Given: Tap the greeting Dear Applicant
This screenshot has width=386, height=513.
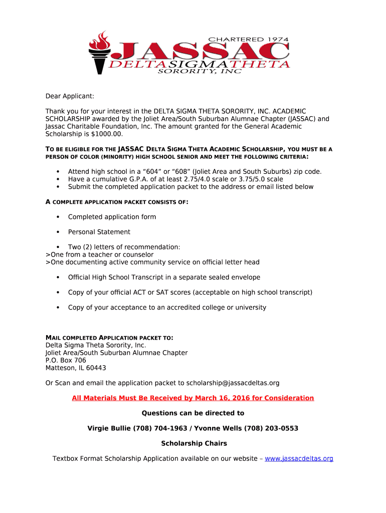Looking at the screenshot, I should (70, 96).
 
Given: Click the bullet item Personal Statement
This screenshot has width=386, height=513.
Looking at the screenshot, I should (99, 232).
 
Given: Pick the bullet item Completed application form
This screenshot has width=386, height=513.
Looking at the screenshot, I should (112, 217).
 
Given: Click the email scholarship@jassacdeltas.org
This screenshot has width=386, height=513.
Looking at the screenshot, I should (233, 383).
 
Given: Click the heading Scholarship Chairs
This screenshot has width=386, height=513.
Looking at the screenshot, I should (194, 443).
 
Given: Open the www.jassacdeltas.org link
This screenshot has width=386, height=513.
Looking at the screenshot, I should (299, 458).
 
